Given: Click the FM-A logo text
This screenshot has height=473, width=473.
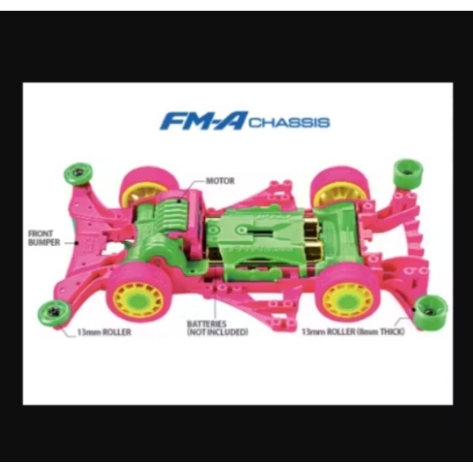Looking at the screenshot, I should pos(204,121).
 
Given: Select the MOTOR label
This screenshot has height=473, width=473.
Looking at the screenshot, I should pos(220,181).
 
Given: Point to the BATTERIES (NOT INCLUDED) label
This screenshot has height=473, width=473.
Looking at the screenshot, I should pos(217,327).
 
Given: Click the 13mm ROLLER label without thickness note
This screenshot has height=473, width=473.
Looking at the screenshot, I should pos(104,332).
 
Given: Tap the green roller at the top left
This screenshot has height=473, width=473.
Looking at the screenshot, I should pos(79,173).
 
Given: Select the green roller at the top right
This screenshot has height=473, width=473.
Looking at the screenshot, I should pos(407,171).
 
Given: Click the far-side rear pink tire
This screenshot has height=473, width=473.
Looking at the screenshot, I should pos(340,178).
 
